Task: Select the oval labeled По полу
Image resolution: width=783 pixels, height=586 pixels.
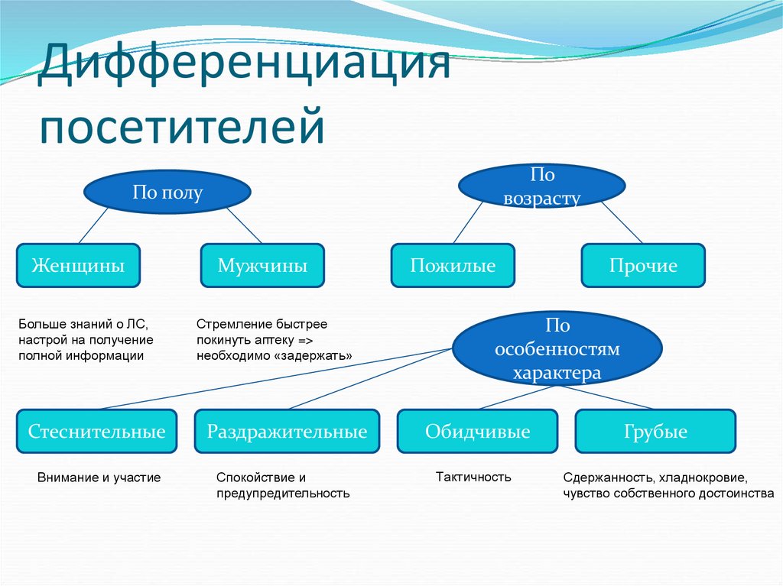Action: pyautogui.click(x=167, y=193)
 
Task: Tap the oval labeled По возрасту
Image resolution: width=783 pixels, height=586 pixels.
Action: pyautogui.click(x=541, y=187)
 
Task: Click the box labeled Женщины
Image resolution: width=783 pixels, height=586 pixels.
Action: pyautogui.click(x=78, y=266)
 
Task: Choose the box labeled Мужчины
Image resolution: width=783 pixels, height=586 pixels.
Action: pyautogui.click(x=262, y=266)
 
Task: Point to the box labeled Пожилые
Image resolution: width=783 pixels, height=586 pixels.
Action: pyautogui.click(x=453, y=266)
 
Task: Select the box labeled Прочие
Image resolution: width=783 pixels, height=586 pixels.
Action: pyautogui.click(x=643, y=266)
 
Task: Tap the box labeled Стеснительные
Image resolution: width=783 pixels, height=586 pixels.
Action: pyautogui.click(x=97, y=432)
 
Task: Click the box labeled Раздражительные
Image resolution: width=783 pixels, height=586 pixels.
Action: pyautogui.click(x=287, y=432)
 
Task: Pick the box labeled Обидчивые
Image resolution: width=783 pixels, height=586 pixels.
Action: pyautogui.click(x=478, y=432)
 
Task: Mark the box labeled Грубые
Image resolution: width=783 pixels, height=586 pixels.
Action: pyautogui.click(x=655, y=432)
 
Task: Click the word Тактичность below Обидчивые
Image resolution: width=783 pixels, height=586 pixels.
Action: pyautogui.click(x=473, y=477)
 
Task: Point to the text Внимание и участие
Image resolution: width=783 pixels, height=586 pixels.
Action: pyautogui.click(x=99, y=478)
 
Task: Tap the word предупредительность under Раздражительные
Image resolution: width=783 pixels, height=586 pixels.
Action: pyautogui.click(x=283, y=494)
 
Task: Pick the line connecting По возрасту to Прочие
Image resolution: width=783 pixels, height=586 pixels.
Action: pyautogui.click(x=619, y=223)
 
